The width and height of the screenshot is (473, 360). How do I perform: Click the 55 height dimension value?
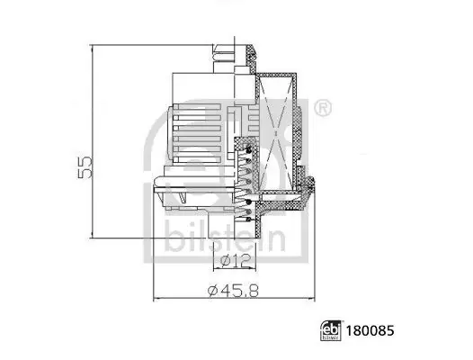85,167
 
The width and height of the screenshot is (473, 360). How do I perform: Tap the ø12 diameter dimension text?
235,260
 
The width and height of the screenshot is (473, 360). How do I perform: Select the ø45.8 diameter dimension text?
234,290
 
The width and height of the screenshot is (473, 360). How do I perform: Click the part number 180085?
370,330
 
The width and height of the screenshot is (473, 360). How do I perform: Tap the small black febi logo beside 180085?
331,330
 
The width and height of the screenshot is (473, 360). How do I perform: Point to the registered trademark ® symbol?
323,108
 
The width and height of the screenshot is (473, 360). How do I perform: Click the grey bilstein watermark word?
226,239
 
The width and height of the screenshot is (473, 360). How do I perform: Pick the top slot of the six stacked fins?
197,107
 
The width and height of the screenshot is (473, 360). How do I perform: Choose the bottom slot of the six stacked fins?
197,159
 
